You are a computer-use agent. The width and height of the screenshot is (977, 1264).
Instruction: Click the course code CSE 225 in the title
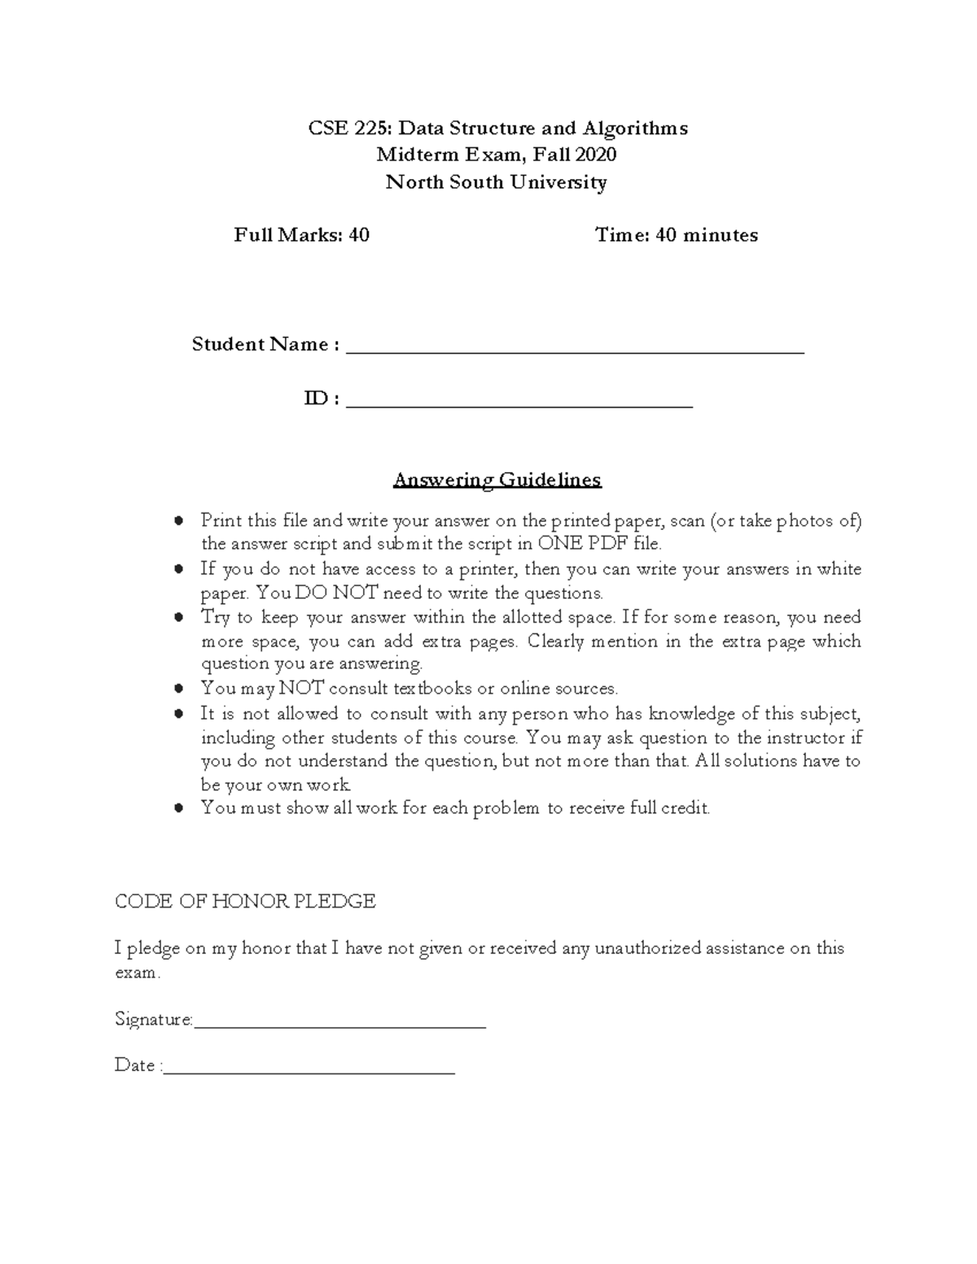tap(349, 129)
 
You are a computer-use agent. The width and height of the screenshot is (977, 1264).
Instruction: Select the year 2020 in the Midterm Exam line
tap(595, 155)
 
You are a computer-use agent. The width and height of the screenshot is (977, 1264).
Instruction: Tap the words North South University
tap(496, 182)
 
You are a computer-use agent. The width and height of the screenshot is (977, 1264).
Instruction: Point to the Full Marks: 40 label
tap(301, 235)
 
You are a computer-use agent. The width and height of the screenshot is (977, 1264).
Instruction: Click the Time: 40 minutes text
tap(676, 235)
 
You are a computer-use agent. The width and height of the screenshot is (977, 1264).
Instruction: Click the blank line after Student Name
tap(575, 350)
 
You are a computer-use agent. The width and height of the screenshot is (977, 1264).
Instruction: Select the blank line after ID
tap(519, 403)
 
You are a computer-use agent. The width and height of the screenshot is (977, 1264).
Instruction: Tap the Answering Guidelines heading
tap(497, 479)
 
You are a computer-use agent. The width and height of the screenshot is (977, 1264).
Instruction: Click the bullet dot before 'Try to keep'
tap(179, 618)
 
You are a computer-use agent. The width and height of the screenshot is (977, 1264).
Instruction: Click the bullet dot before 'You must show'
tap(179, 808)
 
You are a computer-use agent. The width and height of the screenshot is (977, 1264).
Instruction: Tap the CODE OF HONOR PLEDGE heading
tap(245, 901)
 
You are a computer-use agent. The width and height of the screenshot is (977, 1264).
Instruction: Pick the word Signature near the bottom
tap(153, 1020)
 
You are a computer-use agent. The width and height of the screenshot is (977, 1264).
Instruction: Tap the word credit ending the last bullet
tap(686, 808)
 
